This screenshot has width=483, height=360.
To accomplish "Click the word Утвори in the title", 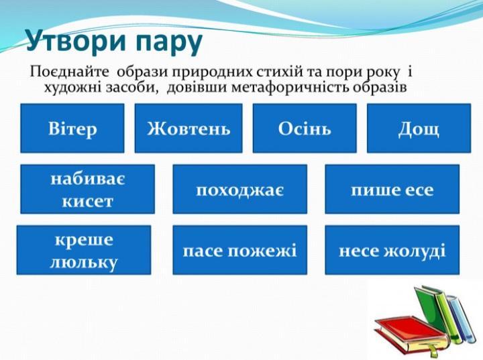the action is (76, 41).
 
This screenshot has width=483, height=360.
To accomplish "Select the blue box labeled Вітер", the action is (72, 128).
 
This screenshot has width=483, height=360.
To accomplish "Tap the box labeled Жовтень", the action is (189, 128).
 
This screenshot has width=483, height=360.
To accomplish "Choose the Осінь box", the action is (305, 128).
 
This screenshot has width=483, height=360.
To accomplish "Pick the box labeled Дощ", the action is (419, 128).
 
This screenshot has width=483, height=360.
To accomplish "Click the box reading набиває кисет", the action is (88, 189).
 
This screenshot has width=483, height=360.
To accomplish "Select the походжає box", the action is (240, 189).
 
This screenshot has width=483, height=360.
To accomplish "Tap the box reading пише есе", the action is (392, 189).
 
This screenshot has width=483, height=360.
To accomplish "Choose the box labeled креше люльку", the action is (84, 250).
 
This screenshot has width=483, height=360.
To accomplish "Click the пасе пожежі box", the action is (240, 250).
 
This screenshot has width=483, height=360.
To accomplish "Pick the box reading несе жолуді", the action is (392, 250).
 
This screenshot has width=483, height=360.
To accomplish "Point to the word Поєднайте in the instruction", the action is (69, 72).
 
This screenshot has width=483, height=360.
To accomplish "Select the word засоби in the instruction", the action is (133, 88).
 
